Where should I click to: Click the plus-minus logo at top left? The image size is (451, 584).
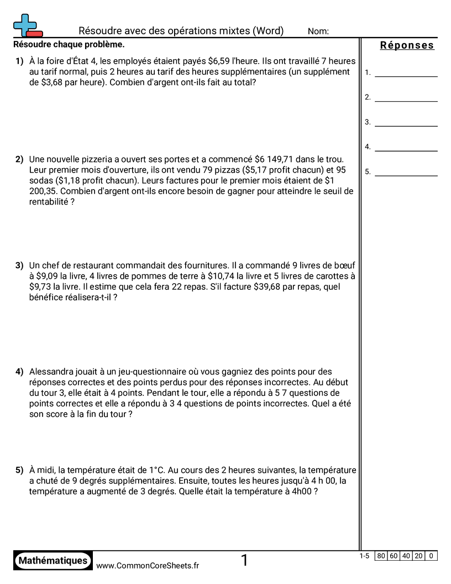tap(27, 25)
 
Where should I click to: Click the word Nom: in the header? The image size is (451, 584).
tap(318, 32)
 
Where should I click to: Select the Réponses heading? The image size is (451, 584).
tap(407, 45)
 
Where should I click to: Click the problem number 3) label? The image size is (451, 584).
tap(19, 265)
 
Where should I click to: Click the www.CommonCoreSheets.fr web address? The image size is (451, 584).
tap(148, 565)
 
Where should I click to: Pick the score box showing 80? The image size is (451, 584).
tap(381, 556)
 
